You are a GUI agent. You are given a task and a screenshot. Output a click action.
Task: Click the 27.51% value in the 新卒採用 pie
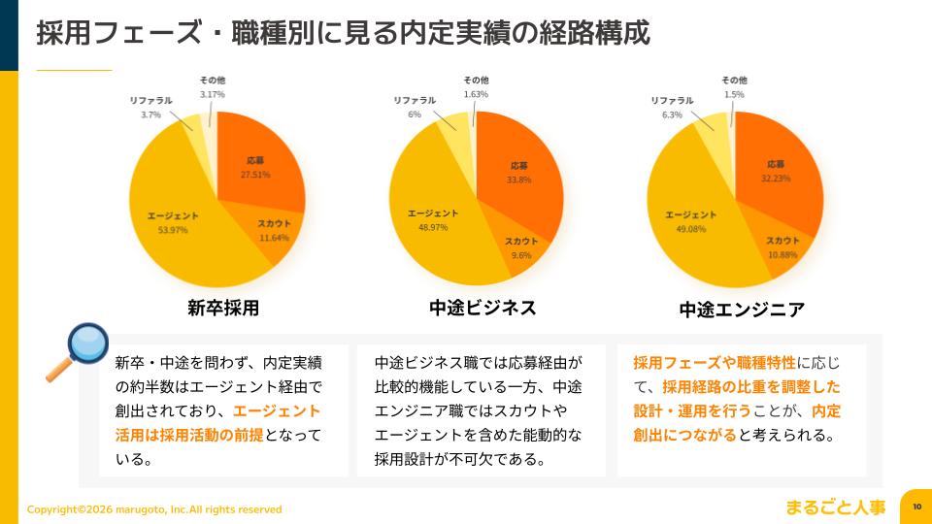(x=255, y=175)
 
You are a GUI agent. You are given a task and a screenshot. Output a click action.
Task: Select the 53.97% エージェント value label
(x=173, y=230)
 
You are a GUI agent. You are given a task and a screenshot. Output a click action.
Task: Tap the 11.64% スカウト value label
(x=274, y=238)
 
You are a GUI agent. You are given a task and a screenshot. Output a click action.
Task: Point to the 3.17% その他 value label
(x=213, y=94)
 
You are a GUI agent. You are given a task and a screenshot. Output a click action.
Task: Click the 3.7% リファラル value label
(x=150, y=115)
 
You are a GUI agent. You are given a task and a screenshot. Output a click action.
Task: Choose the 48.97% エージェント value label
(x=433, y=227)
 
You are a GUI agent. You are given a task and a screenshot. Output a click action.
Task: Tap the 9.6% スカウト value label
(x=521, y=256)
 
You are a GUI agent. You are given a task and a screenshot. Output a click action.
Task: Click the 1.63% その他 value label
(x=476, y=94)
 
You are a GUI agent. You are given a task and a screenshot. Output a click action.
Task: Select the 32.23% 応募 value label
(x=775, y=179)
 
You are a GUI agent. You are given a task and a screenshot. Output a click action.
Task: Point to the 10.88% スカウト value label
(x=782, y=255)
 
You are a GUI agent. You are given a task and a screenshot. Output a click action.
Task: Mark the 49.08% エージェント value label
(x=690, y=230)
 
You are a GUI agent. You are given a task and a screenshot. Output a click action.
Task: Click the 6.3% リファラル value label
(x=672, y=115)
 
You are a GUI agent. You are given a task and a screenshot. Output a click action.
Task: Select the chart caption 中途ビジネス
(x=483, y=308)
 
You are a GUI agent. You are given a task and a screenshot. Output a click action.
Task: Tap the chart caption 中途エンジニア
(x=742, y=311)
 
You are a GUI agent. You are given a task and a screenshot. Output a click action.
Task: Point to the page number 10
(x=916, y=507)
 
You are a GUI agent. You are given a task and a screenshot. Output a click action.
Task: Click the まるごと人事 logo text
(x=836, y=507)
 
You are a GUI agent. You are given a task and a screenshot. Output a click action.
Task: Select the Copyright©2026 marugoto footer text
(x=154, y=509)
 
